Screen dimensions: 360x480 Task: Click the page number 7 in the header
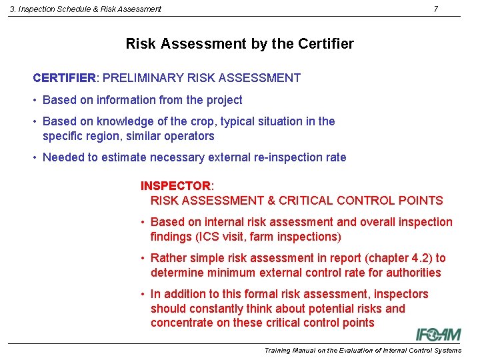point(435,9)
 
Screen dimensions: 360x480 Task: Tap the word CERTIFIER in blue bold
point(64,78)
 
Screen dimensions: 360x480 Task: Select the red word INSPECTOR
point(175,186)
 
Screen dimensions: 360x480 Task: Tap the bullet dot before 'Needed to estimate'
point(34,158)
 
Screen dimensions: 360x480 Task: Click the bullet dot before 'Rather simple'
point(143,259)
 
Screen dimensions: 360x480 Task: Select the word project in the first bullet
point(224,100)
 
